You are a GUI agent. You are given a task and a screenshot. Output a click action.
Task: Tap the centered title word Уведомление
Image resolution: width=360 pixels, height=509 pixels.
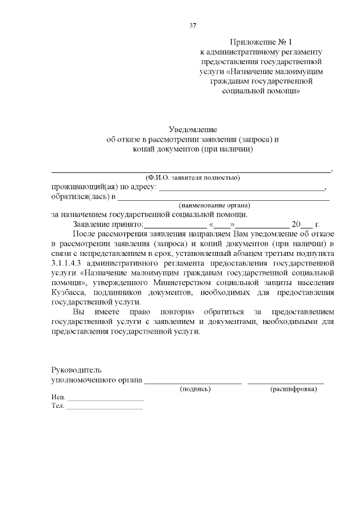point(193,130)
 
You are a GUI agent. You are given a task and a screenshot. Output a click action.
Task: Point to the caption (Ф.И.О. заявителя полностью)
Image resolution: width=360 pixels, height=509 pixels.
point(192,178)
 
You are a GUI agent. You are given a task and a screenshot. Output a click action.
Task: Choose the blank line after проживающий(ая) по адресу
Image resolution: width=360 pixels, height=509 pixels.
point(242,189)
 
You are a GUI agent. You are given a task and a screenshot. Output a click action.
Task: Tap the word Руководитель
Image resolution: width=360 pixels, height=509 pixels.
point(76,370)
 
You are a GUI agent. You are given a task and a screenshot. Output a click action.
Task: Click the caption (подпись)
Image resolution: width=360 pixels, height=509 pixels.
point(195,389)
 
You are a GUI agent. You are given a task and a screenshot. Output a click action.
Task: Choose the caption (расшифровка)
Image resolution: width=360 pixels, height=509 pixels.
point(294,389)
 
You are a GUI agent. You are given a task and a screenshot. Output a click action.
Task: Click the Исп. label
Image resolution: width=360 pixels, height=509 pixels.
point(58,397)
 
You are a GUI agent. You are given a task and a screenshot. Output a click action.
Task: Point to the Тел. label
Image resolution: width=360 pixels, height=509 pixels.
point(57,406)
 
